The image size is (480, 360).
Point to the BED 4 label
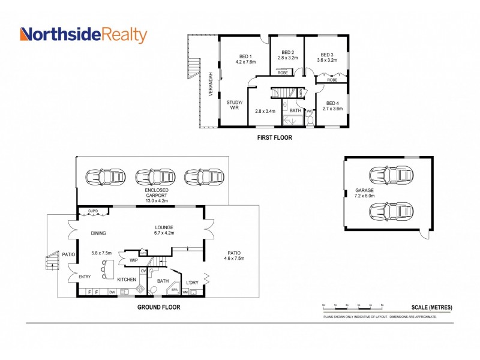coord(332,103)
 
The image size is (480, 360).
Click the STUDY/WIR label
coord(234,104)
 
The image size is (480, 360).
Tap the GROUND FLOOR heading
coord(158,307)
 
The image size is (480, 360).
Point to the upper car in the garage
coord(391,175)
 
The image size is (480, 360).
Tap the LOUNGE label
coord(163,227)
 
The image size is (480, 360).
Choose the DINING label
coord(98,233)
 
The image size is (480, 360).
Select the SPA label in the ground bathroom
coord(175,290)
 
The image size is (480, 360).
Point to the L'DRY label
coord(192,281)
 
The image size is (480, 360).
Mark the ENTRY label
coord(85,277)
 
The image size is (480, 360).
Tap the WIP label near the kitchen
coord(133,260)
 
